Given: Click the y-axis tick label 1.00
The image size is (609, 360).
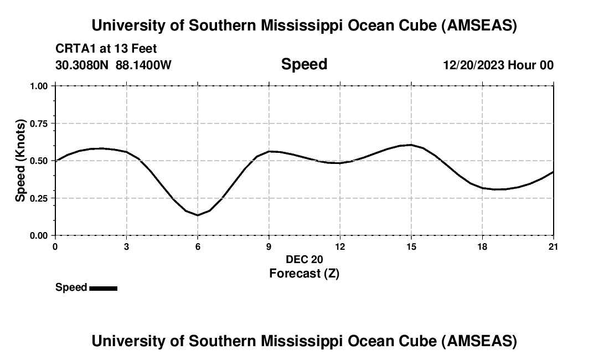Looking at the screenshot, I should tap(39, 86).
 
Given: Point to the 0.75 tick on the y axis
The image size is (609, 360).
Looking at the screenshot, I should tap(39, 124).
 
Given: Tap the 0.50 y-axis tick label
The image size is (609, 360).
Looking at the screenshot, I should tap(39, 161).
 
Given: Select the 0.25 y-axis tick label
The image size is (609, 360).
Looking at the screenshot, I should tap(39, 198).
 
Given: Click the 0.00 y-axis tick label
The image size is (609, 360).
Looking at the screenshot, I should tap(39, 235).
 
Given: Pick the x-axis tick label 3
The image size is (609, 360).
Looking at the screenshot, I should tap(127, 246).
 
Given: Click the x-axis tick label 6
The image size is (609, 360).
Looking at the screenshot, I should tap(198, 246).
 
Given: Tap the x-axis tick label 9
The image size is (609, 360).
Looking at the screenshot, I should tap(269, 246).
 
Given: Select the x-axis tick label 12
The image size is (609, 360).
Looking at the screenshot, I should tap(340, 246).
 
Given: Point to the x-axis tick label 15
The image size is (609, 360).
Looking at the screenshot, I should tap(411, 246).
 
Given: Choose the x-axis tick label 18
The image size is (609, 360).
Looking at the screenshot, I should tap(482, 246).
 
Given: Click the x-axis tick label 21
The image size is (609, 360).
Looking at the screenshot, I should tap(553, 246).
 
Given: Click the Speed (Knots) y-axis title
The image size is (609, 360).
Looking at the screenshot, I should tap(20, 161).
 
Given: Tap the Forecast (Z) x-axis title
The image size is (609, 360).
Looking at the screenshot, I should tap(304, 273).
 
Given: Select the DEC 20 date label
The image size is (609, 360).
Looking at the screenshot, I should tap(304, 259).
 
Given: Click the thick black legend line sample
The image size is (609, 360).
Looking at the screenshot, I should tap(103, 288).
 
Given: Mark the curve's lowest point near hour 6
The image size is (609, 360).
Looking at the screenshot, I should tap(198, 215).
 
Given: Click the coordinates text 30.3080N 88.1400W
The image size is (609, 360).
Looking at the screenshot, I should tap(113, 65).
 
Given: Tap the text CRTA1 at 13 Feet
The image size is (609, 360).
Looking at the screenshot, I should tap(106, 49).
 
